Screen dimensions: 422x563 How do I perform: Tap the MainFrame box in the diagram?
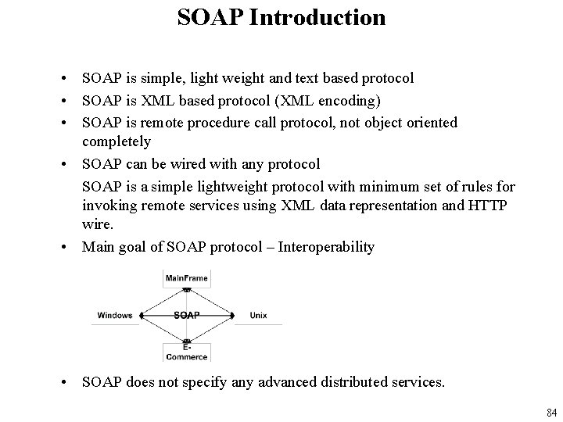[186, 277]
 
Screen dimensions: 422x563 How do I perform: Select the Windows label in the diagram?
[115, 316]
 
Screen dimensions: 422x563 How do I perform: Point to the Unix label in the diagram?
[258, 316]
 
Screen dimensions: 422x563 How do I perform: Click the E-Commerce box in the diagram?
[186, 352]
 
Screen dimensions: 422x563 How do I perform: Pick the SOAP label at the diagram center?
[186, 316]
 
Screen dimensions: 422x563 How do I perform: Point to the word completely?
[117, 142]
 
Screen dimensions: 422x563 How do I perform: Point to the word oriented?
[429, 122]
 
